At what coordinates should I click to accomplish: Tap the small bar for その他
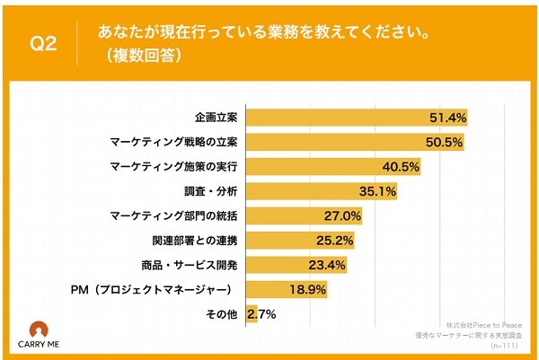(x=251, y=314)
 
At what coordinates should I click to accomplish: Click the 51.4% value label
(x=446, y=118)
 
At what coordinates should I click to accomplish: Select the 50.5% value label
(x=443, y=142)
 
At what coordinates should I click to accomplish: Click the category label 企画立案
(x=215, y=118)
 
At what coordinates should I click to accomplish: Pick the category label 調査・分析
(x=208, y=191)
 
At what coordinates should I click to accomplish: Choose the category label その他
(x=221, y=314)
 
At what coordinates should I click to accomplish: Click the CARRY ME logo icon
(x=40, y=329)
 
